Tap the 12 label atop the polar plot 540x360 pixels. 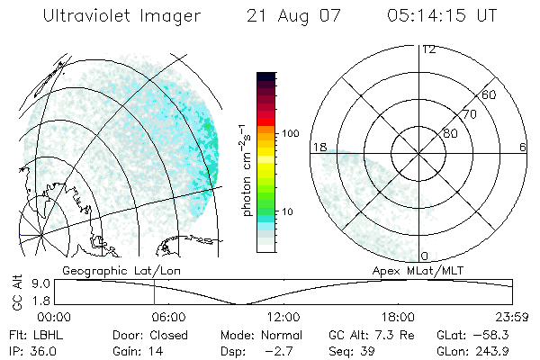tap(427, 49)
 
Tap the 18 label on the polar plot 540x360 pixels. tap(319, 146)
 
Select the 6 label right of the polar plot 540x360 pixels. tap(523, 147)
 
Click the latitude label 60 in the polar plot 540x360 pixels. tap(489, 94)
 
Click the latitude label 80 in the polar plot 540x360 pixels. tap(450, 133)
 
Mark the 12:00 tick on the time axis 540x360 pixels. tap(283, 317)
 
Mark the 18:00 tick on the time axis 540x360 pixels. tap(398, 317)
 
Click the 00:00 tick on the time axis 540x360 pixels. tap(54, 317)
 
